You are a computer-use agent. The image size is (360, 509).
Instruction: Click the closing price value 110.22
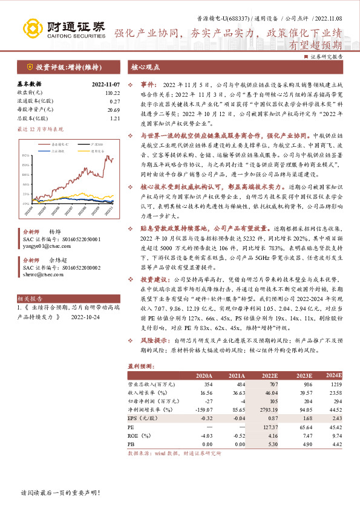coord(113,92)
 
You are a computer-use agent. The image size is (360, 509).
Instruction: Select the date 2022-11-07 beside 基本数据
coord(106,84)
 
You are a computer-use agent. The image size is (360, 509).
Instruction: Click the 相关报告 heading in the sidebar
coord(30,299)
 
